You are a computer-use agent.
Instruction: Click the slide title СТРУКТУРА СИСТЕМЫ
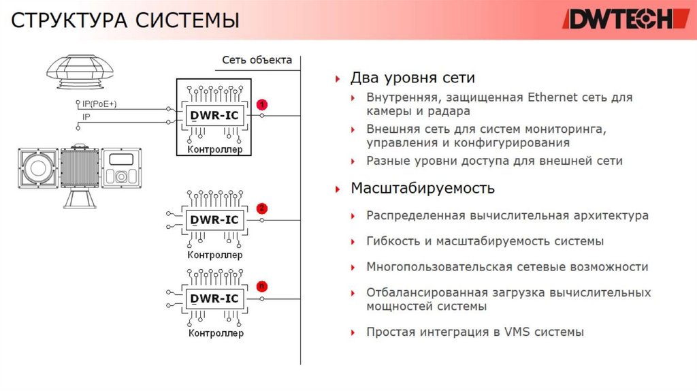[x=125, y=20]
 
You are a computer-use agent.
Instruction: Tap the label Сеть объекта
[x=257, y=60]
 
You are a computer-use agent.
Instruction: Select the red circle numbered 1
[x=262, y=104]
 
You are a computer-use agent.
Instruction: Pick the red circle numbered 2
[x=262, y=208]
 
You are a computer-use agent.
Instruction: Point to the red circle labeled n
[x=262, y=286]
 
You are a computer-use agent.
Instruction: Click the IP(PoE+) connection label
[x=99, y=104]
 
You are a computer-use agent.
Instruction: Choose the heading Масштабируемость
[x=422, y=187]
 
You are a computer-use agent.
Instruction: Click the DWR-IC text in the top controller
[x=214, y=116]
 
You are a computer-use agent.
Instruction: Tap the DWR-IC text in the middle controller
[x=214, y=220]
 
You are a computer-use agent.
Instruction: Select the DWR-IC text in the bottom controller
[x=214, y=298]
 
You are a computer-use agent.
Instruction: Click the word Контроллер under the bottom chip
[x=215, y=334]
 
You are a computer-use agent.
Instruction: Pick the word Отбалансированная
[x=424, y=293]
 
